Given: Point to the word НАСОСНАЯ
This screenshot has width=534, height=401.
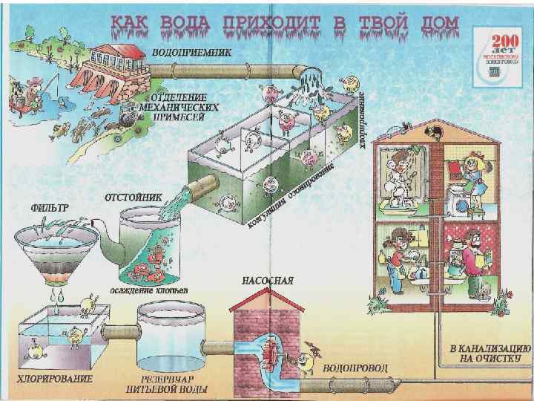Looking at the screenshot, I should pyautogui.click(x=268, y=281).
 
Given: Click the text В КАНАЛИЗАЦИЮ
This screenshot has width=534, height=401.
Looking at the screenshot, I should pyautogui.click(x=490, y=347).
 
